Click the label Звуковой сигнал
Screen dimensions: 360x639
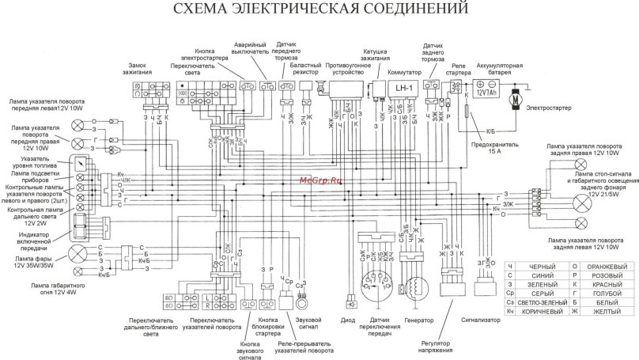[301, 324]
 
